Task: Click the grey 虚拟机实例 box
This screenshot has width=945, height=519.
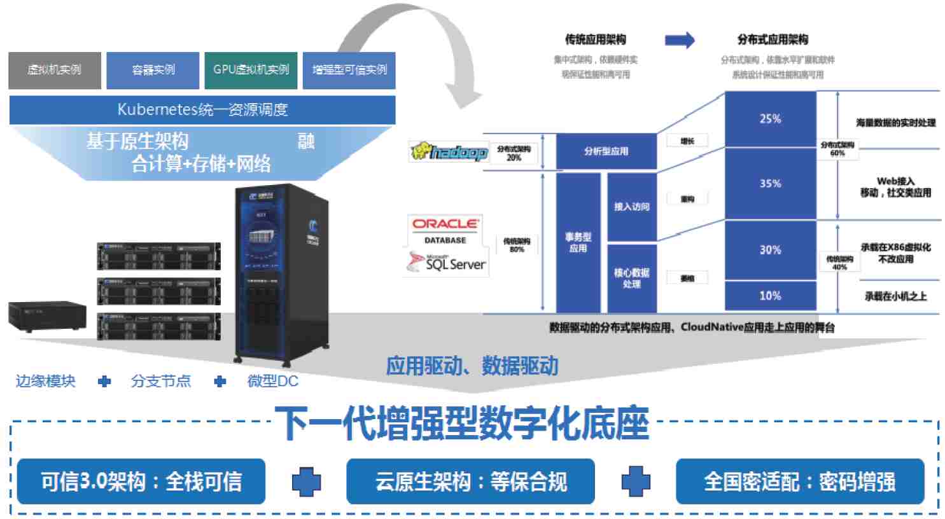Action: pyautogui.click(x=55, y=70)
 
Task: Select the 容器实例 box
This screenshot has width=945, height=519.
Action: pyautogui.click(x=153, y=70)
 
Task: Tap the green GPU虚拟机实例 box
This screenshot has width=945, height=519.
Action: pyautogui.click(x=251, y=70)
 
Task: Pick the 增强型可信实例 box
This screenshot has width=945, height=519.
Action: pyautogui.click(x=349, y=70)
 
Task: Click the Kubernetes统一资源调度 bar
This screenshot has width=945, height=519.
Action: pyautogui.click(x=202, y=109)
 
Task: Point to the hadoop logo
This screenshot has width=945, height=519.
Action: pyautogui.click(x=449, y=152)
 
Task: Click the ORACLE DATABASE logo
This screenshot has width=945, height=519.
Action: pyautogui.click(x=445, y=230)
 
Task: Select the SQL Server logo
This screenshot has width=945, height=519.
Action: pyautogui.click(x=447, y=263)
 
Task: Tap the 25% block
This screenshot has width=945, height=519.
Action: pyautogui.click(x=770, y=119)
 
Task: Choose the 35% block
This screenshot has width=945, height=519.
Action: pyautogui.click(x=770, y=184)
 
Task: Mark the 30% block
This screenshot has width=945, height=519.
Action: pyautogui.click(x=770, y=250)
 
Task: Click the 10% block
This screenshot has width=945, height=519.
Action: pyautogui.click(x=770, y=296)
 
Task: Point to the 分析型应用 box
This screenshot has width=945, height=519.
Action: pyautogui.click(x=606, y=151)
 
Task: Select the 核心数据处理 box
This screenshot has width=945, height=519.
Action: pyautogui.click(x=631, y=278)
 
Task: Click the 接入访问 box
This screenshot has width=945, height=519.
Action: pyautogui.click(x=631, y=207)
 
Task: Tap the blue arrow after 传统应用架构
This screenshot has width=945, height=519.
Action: pyautogui.click(x=680, y=40)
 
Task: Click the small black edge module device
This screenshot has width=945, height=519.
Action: pyautogui.click(x=47, y=316)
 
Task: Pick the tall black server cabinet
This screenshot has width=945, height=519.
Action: pyautogui.click(x=281, y=273)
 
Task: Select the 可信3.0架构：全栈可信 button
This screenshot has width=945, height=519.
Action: pyautogui.click(x=141, y=481)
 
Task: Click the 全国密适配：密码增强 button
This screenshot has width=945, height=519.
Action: pyautogui.click(x=799, y=481)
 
